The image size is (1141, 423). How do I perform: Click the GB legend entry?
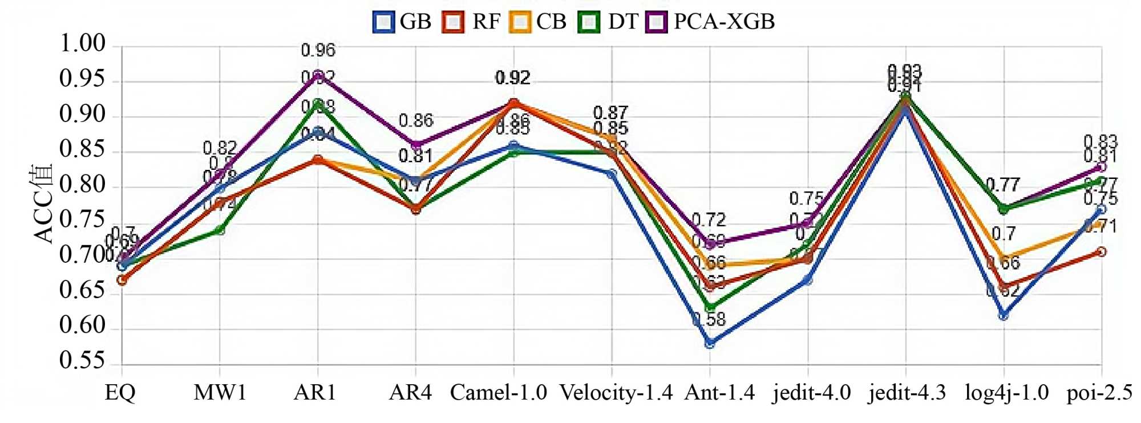click(x=402, y=22)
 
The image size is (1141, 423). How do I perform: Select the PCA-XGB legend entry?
click(x=711, y=22)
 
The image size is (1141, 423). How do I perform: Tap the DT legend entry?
click(x=608, y=22)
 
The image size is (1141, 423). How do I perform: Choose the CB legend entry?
click(x=539, y=22)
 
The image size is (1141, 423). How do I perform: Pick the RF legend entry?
click(x=471, y=22)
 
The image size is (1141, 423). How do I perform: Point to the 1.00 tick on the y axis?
click(x=83, y=44)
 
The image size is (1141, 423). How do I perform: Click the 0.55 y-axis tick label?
click(x=83, y=361)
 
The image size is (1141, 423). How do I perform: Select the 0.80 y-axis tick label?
click(x=83, y=185)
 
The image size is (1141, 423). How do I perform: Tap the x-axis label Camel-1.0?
click(x=498, y=393)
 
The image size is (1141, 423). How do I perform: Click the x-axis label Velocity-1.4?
click(x=616, y=393)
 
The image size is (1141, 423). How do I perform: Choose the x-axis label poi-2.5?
click(x=1099, y=393)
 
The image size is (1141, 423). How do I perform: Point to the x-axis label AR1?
click(x=315, y=393)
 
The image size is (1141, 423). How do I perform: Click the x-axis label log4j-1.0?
click(x=1006, y=393)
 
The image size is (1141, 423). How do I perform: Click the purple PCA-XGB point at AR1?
click(x=318, y=75)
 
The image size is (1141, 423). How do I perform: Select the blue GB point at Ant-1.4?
click(x=710, y=343)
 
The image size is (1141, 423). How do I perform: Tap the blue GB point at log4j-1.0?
click(x=1004, y=315)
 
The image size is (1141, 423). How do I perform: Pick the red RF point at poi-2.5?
click(x=1102, y=251)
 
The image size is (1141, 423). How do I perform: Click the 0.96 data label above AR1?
click(x=318, y=50)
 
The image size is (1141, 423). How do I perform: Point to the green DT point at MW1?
click(x=220, y=230)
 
